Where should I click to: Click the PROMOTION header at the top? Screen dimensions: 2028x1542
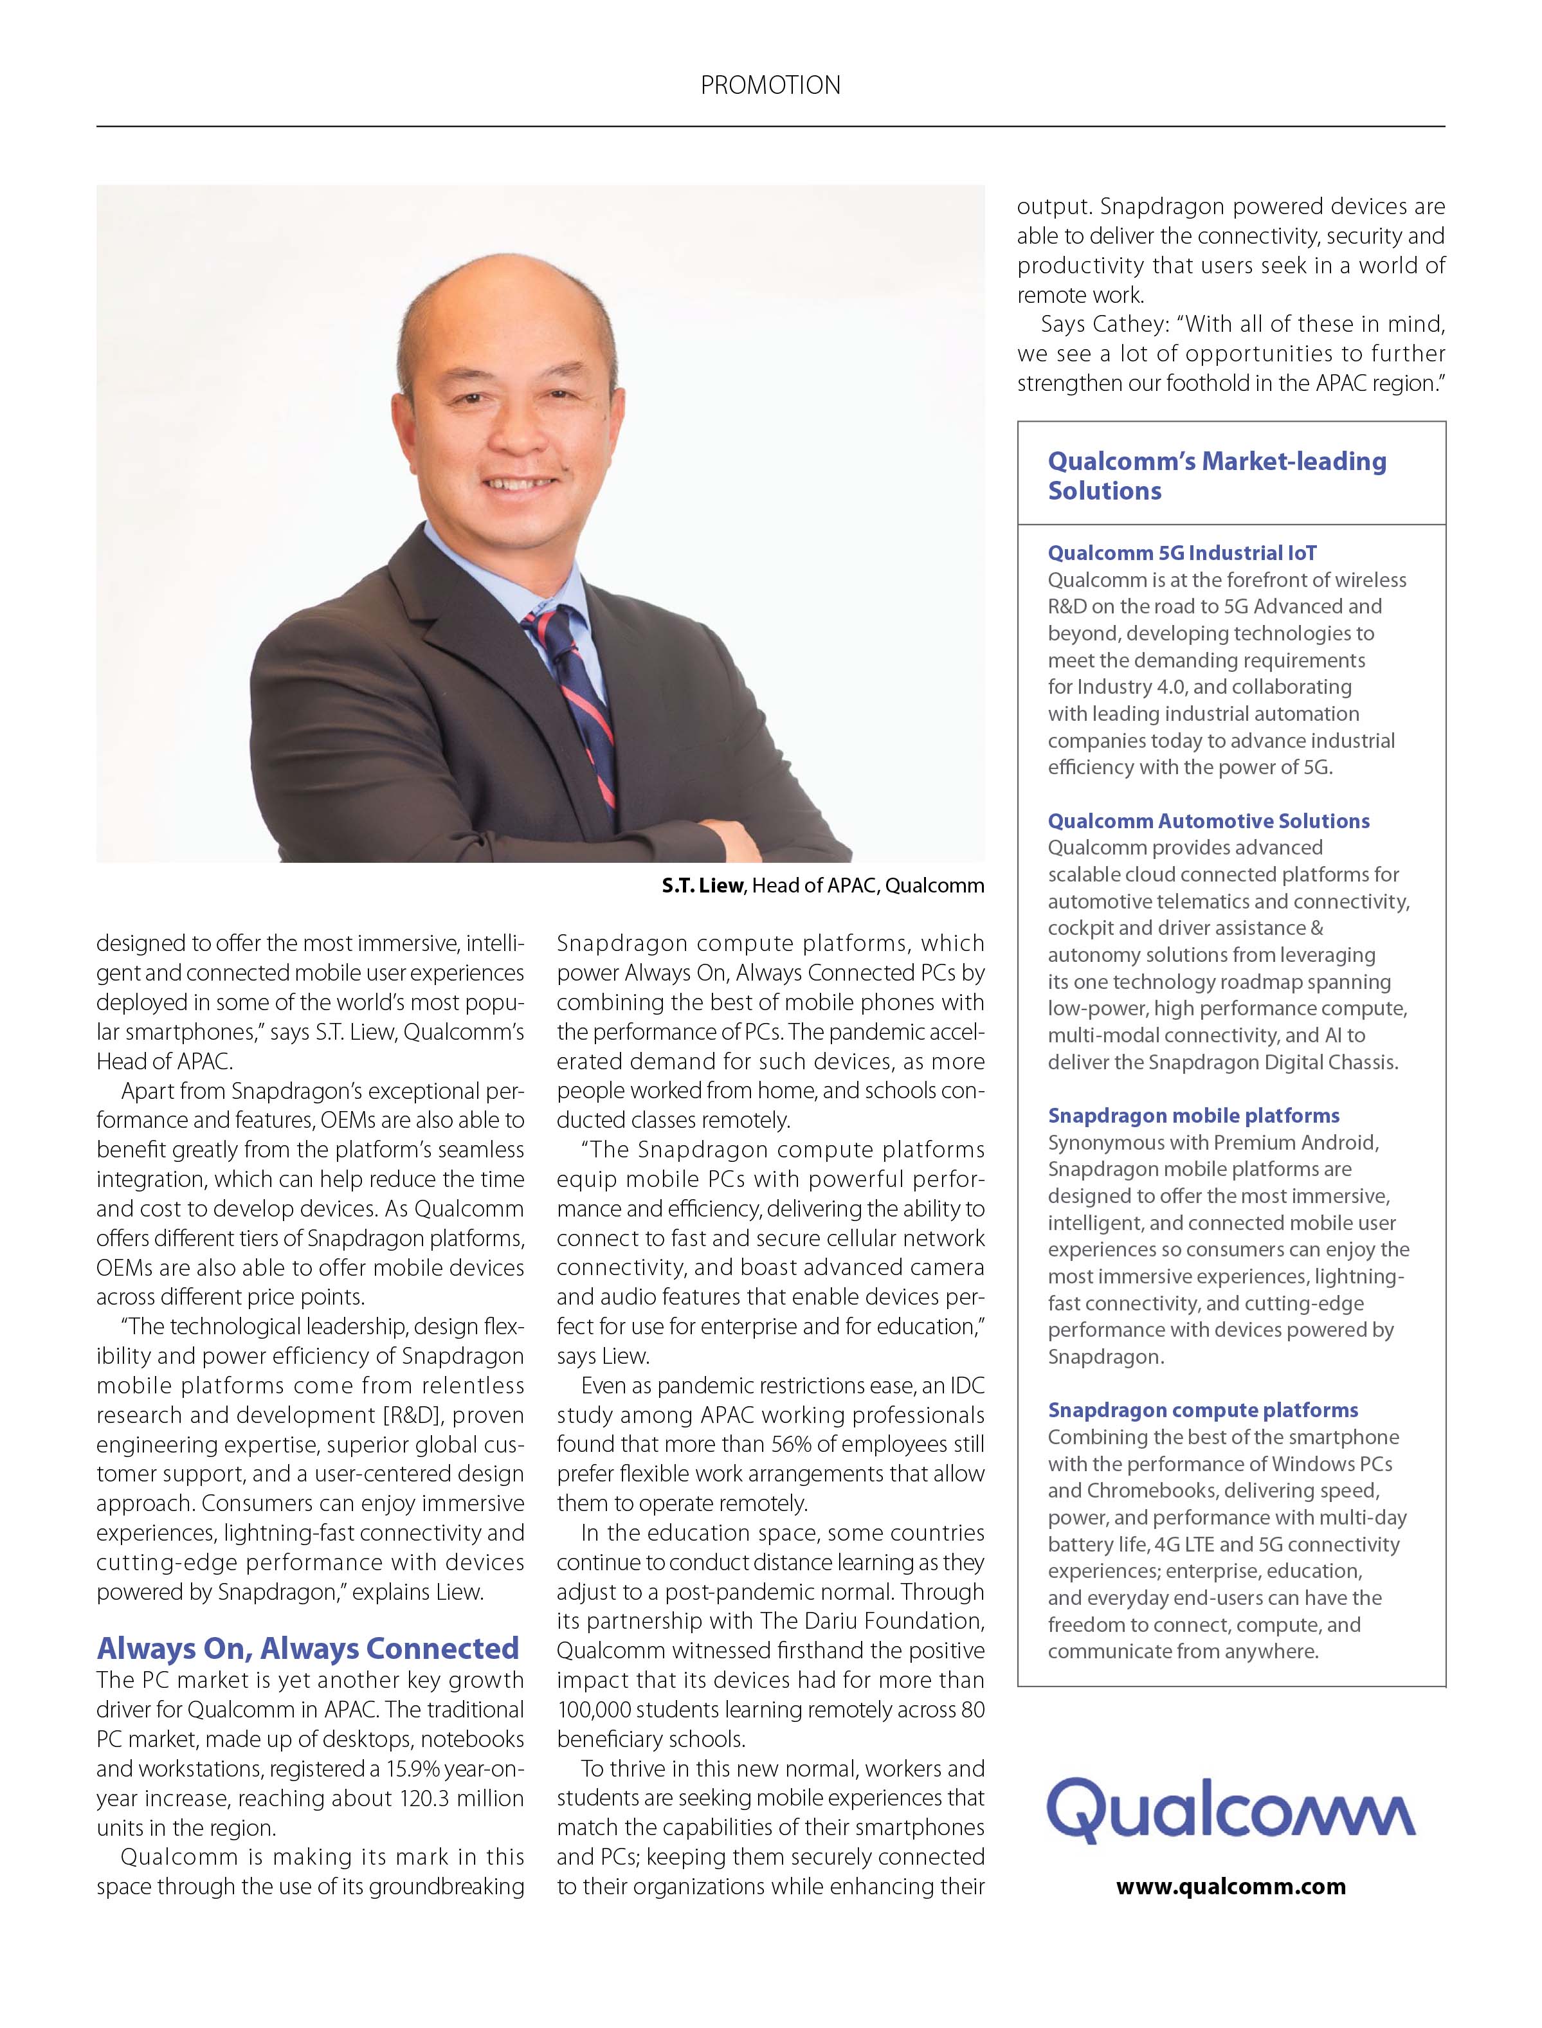click(x=770, y=86)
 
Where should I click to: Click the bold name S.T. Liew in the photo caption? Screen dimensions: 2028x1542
click(x=702, y=885)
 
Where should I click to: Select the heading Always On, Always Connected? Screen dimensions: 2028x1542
click(x=309, y=1647)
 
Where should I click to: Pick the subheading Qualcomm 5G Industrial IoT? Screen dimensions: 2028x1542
click(x=1182, y=552)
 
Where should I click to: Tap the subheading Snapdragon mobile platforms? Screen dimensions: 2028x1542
click(x=1193, y=1115)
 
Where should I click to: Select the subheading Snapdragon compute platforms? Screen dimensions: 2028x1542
click(x=1202, y=1409)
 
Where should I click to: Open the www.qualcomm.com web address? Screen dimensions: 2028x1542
click(x=1231, y=1887)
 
